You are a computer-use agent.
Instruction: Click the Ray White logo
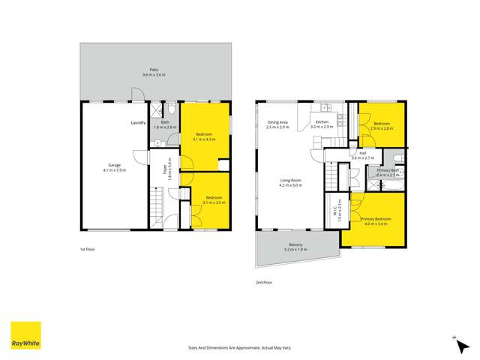tap(25, 336)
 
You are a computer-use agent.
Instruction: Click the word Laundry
tap(138, 122)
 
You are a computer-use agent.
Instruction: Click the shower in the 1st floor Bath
tap(156, 108)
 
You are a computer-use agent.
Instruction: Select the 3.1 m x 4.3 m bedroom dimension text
tap(204, 139)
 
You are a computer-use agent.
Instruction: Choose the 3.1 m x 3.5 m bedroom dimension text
tap(204, 202)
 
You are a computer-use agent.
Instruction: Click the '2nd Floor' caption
tap(263, 283)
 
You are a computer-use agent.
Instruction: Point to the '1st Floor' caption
tap(88, 248)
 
